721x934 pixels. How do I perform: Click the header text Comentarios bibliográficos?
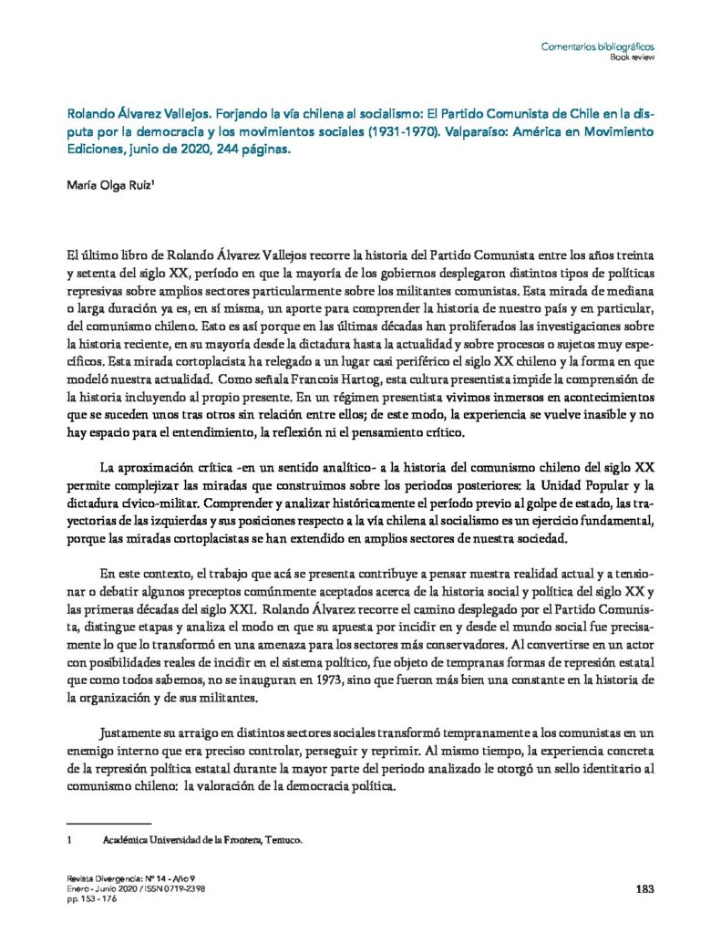598,47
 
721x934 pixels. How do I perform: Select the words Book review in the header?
632,57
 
